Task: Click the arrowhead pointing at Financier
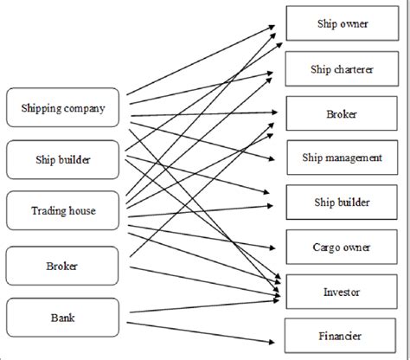[272, 342]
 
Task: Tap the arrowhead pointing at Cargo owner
[272, 247]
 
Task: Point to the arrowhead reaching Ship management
[272, 158]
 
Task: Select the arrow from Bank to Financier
[201, 332]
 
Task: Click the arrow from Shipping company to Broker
[204, 114]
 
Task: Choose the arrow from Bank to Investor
[204, 306]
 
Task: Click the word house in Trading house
[81, 211]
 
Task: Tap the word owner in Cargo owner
[356, 247]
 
